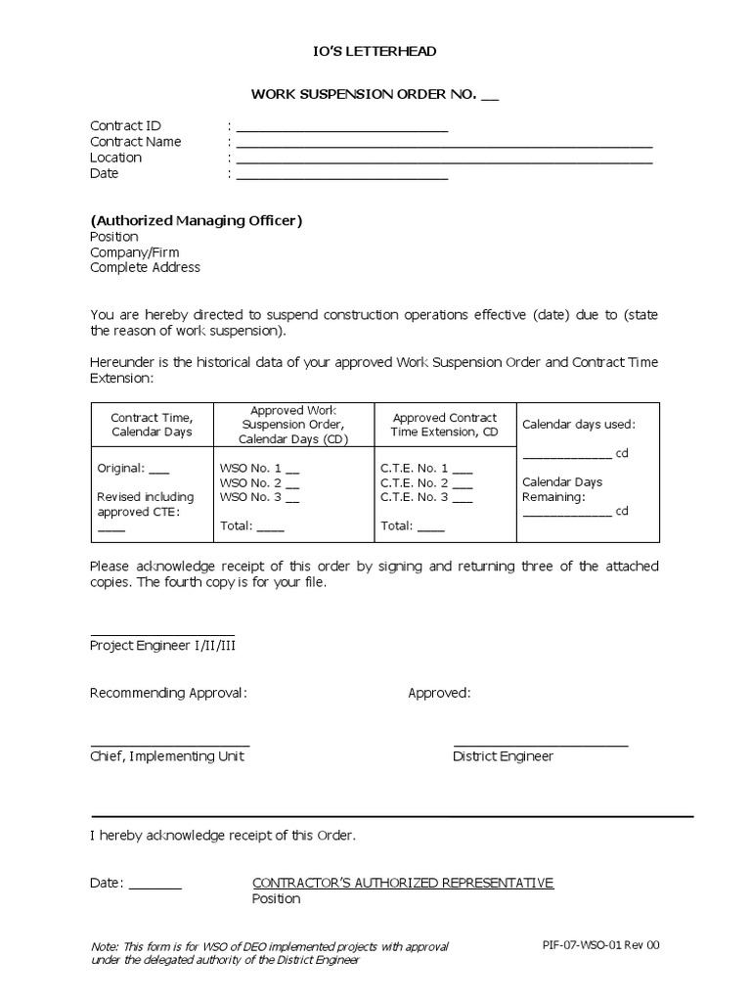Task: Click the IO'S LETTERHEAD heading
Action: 375,51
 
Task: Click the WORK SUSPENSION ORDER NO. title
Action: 375,95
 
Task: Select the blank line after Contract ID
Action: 341,129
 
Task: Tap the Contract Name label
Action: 136,142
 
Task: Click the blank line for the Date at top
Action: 341,177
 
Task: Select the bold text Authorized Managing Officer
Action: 197,220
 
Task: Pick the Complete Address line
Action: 145,268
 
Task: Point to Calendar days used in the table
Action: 579,425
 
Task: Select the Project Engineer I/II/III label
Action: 163,646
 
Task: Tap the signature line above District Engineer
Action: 541,747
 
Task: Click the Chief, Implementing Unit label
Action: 167,756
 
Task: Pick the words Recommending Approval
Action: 168,694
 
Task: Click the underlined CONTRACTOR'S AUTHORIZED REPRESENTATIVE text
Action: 403,883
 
